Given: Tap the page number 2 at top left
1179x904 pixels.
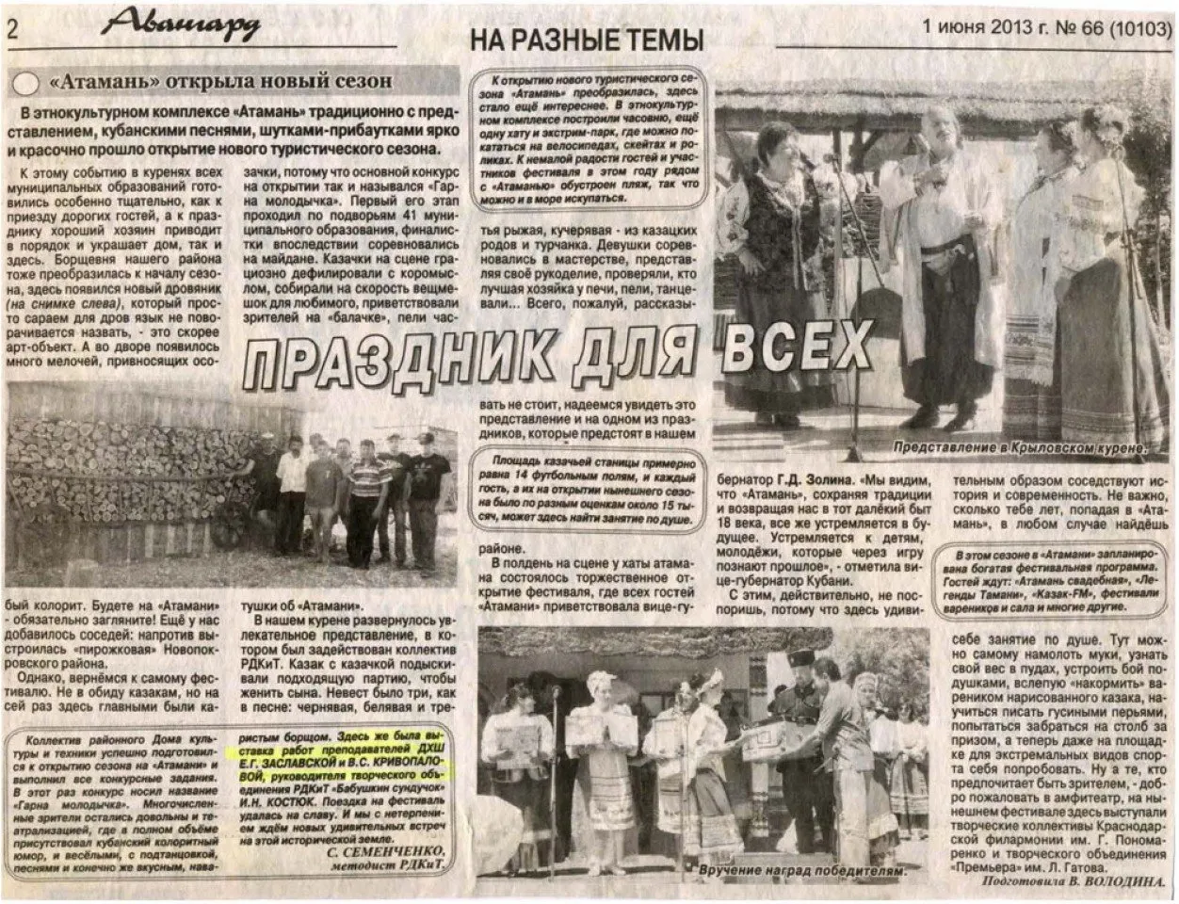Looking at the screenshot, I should [x=14, y=28].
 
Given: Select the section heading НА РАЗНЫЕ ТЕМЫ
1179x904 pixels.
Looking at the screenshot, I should [x=586, y=40].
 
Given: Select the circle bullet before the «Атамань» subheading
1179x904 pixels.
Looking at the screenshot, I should [x=28, y=83].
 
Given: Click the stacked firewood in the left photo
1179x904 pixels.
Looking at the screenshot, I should [x=122, y=471].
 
